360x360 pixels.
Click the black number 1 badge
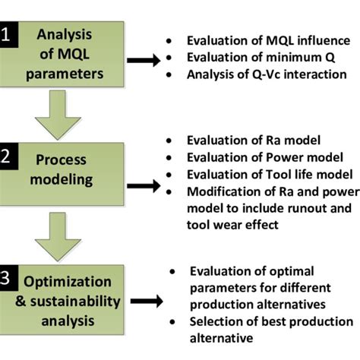tap(9, 35)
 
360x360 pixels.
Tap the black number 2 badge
tap(9, 156)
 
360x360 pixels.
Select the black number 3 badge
tap(9, 278)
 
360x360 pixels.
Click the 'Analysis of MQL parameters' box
tap(62, 55)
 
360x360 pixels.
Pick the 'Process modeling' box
tap(62, 174)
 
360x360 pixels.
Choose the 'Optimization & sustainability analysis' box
tap(62, 300)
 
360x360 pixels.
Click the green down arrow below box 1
tap(58, 115)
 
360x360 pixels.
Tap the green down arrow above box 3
tap(58, 237)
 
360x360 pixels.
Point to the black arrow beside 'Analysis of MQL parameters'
tap(144, 60)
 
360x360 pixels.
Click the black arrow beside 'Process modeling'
tap(144, 186)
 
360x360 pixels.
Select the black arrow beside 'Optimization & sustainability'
tap(147, 302)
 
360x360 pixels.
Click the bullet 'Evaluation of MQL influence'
tap(268, 41)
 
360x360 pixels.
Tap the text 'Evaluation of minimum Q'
tap(261, 58)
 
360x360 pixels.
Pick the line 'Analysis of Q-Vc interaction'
tap(267, 74)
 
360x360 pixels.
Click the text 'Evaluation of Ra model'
tap(254, 141)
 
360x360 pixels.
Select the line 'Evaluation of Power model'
tap(265, 157)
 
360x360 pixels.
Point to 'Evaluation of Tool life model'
tap(270, 175)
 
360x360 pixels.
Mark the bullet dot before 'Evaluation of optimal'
tap(172, 272)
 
